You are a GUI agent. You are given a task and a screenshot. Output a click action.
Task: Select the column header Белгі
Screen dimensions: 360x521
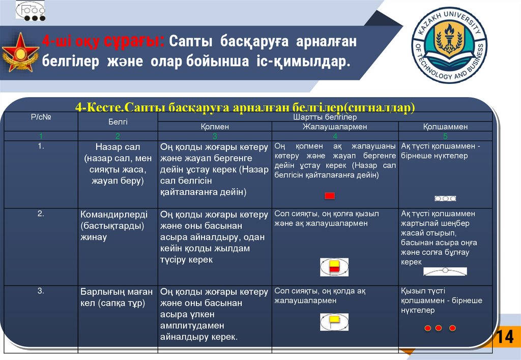pyautogui.click(x=118, y=122)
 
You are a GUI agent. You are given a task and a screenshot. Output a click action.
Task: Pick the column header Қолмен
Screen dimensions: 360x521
pyautogui.click(x=215, y=127)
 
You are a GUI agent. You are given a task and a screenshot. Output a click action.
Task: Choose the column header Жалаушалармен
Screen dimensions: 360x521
pyautogui.click(x=335, y=127)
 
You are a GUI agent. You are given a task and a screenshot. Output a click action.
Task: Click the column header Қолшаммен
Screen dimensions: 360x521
pyautogui.click(x=445, y=127)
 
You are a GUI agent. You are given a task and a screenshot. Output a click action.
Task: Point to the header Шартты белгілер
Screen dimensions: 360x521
pyautogui.click(x=325, y=117)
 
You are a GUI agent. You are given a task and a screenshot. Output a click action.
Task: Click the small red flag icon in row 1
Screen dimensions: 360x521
pyautogui.click(x=330, y=196)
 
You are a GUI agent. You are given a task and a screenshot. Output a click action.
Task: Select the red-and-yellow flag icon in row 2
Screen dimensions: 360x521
pyautogui.click(x=334, y=267)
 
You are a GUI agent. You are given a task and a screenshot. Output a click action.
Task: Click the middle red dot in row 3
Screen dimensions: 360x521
pyautogui.click(x=439, y=328)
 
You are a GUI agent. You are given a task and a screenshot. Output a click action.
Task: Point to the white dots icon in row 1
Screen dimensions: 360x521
pyautogui.click(x=445, y=198)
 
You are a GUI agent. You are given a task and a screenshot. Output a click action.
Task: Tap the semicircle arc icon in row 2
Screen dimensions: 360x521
pyautogui.click(x=445, y=271)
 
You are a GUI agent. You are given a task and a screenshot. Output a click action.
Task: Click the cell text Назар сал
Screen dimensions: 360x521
pyautogui.click(x=118, y=147)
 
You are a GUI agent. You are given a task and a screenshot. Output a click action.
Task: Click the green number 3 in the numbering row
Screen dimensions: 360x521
pyautogui.click(x=215, y=136)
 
